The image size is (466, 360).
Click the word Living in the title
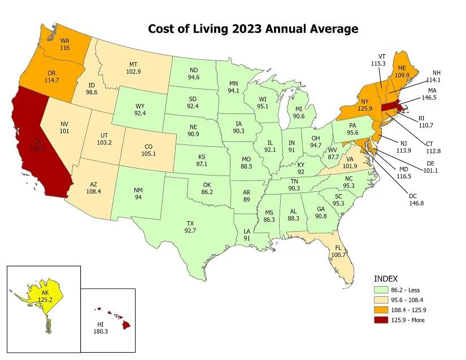(x=223, y=29)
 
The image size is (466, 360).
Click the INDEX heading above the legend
(x=386, y=279)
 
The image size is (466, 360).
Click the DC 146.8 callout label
(x=413, y=200)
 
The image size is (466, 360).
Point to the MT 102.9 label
(x=132, y=68)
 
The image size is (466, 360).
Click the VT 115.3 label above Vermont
(x=382, y=60)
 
